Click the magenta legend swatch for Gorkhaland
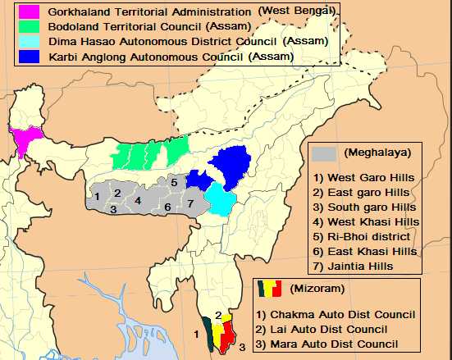click(25, 13)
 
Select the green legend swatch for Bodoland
click(25, 27)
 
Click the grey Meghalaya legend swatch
click(324, 153)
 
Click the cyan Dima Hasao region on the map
click(220, 197)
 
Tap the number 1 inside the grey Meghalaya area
click(97, 196)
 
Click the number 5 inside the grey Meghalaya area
click(174, 181)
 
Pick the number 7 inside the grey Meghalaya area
click(189, 203)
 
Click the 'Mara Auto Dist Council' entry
click(336, 344)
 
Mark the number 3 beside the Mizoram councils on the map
click(242, 348)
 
